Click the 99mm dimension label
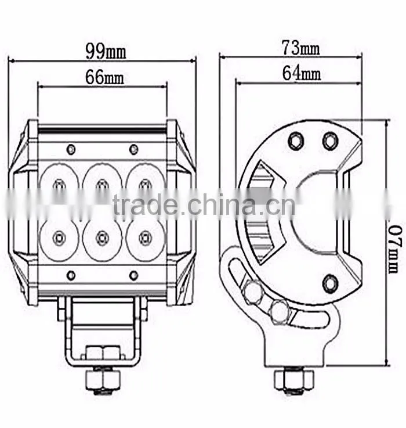pyautogui.click(x=106, y=51)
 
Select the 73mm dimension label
pyautogui.click(x=301, y=48)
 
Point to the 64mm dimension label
pyautogui.click(x=302, y=73)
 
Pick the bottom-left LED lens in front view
pyautogui.click(x=59, y=239)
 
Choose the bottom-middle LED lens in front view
pyautogui.click(x=102, y=239)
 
